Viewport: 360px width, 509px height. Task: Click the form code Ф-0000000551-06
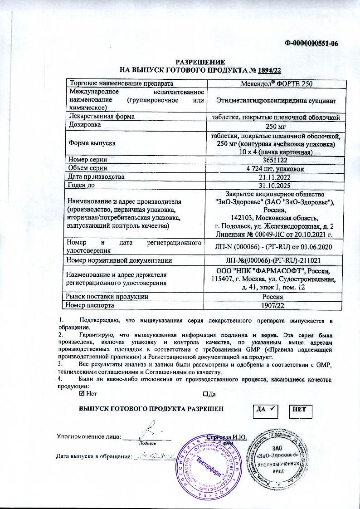[312, 44]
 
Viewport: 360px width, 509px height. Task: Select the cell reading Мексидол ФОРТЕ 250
[276, 83]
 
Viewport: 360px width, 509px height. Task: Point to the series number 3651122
[276, 160]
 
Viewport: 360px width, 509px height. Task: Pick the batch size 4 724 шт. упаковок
[276, 168]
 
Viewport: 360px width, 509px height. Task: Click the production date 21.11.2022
[276, 176]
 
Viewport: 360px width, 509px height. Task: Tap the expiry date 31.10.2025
[276, 185]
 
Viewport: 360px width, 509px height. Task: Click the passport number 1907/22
[276, 305]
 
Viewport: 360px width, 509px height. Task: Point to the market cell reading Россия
[276, 297]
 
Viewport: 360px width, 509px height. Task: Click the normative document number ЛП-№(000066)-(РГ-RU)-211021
[276, 260]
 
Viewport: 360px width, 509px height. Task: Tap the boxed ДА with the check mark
[265, 410]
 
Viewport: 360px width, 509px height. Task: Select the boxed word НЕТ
[300, 410]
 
